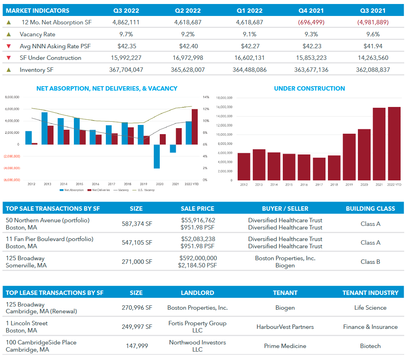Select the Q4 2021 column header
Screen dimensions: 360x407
(311, 10)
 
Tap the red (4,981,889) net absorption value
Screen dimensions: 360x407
(373, 22)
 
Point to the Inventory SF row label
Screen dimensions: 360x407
(36, 70)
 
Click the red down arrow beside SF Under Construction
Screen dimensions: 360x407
(9, 58)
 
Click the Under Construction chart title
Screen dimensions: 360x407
(309, 89)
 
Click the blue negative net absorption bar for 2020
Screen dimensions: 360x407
(157, 156)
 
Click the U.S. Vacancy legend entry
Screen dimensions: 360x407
(147, 190)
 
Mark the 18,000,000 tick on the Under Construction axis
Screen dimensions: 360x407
(224, 98)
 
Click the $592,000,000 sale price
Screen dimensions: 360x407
(198, 258)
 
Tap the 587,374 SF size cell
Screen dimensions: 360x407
(137, 224)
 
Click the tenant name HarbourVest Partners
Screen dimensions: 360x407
(285, 327)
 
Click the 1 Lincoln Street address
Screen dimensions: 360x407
(27, 323)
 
